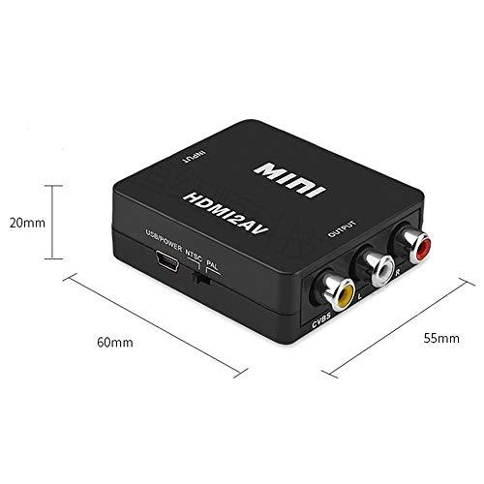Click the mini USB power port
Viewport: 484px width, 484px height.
pos(167,260)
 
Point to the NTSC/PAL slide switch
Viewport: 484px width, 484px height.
pos(201,279)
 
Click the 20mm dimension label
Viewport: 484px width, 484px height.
pos(27,223)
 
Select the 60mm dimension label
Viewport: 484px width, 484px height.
pos(115,343)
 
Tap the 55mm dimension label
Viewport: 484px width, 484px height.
pos(441,338)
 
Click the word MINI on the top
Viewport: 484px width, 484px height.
pos(289,179)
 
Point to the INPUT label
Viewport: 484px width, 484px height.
pos(194,156)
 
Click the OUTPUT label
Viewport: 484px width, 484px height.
pos(342,228)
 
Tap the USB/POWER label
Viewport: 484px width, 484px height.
pos(164,240)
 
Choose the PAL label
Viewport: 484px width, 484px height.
pos(212,265)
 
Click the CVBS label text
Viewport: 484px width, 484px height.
pos(321,319)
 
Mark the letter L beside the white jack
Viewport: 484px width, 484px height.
pos(360,295)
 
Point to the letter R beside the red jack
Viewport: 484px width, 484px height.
pos(398,273)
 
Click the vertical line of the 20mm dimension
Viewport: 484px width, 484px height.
pos(52,222)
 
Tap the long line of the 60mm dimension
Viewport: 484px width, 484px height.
pos(155,325)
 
